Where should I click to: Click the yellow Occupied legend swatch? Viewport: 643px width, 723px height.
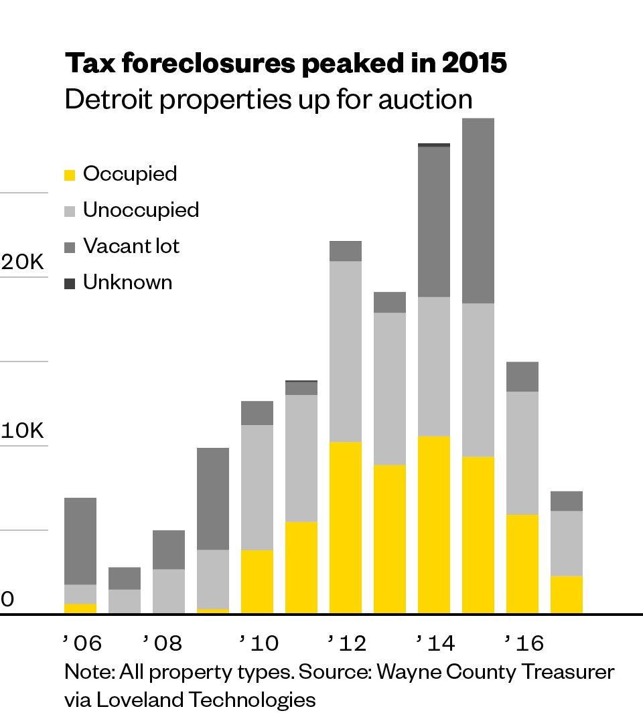pyautogui.click(x=70, y=175)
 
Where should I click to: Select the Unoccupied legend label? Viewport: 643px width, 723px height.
pyautogui.click(x=141, y=210)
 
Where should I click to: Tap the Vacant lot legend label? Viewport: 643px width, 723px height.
pyautogui.click(x=131, y=246)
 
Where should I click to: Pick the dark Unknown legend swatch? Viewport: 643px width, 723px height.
pyautogui.click(x=70, y=284)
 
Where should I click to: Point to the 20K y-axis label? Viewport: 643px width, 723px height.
pyautogui.click(x=23, y=262)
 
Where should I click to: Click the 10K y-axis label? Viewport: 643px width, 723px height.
pyautogui.click(x=23, y=431)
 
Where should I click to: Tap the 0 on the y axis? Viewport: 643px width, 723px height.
pyautogui.click(x=7, y=599)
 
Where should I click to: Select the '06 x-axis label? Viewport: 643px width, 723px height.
pyautogui.click(x=82, y=643)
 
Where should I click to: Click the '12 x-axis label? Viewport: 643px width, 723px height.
pyautogui.click(x=347, y=643)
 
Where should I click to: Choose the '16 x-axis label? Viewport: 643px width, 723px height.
pyautogui.click(x=524, y=643)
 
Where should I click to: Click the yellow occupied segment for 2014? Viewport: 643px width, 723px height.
pyautogui.click(x=434, y=525)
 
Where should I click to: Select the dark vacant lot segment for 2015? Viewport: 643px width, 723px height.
pyautogui.click(x=478, y=211)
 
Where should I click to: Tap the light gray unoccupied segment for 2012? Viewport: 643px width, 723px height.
pyautogui.click(x=346, y=351)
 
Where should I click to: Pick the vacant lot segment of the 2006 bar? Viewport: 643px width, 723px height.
pyautogui.click(x=80, y=541)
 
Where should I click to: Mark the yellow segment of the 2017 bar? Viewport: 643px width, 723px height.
pyautogui.click(x=567, y=595)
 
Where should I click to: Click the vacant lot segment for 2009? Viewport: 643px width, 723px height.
pyautogui.click(x=213, y=499)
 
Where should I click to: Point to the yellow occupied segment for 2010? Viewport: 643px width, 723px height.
pyautogui.click(x=257, y=582)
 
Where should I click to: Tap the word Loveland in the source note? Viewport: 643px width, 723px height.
pyautogui.click(x=139, y=700)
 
